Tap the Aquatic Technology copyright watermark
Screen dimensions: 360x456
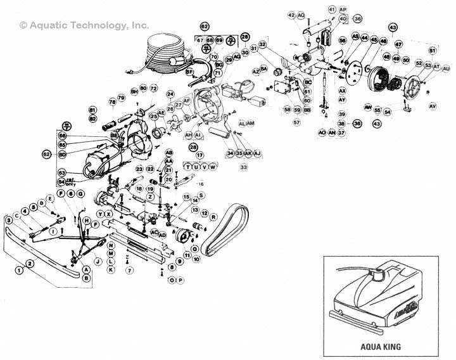(x=84, y=25)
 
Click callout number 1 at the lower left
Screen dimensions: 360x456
(x=20, y=270)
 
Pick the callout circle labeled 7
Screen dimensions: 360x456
(x=129, y=271)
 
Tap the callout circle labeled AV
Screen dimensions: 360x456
(x=433, y=105)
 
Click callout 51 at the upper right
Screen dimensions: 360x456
(x=432, y=50)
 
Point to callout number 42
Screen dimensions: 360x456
(x=291, y=15)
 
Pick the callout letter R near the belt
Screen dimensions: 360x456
(x=213, y=217)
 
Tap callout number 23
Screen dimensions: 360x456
(x=139, y=169)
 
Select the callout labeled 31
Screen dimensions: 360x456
(x=253, y=48)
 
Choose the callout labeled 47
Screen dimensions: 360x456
(x=399, y=44)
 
